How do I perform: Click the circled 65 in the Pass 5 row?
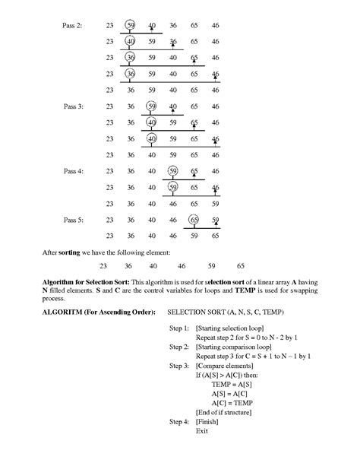pyautogui.click(x=194, y=220)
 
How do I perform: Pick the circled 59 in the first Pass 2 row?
pyautogui.click(x=131, y=26)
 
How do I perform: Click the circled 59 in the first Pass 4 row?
pyautogui.click(x=173, y=171)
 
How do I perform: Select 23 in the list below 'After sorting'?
pyautogui.click(x=104, y=267)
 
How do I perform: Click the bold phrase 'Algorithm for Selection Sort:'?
pyautogui.click(x=81, y=282)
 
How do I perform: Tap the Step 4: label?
pyautogui.click(x=176, y=421)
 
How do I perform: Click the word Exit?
pyautogui.click(x=201, y=431)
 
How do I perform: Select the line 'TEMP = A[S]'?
pyautogui.click(x=229, y=385)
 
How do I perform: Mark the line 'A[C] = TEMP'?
pyautogui.click(x=229, y=403)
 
